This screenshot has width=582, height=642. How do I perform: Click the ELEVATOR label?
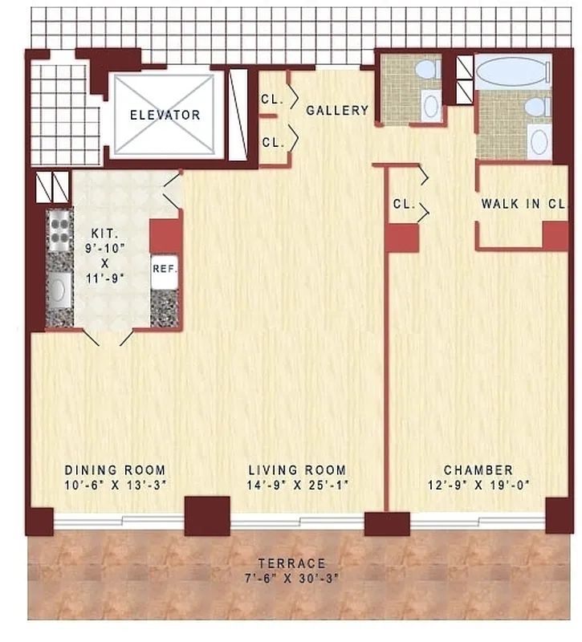(x=165, y=115)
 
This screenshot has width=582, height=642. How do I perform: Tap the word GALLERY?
(x=337, y=111)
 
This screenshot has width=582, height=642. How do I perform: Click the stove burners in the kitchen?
(x=59, y=227)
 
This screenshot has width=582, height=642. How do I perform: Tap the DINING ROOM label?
(x=115, y=470)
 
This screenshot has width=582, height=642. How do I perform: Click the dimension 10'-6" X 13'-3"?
(x=115, y=486)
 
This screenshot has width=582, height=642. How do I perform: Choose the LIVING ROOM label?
(x=297, y=470)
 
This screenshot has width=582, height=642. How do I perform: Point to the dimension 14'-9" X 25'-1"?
(x=297, y=486)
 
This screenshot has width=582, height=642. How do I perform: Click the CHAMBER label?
(x=479, y=470)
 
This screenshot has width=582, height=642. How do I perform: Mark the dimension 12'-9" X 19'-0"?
(x=479, y=486)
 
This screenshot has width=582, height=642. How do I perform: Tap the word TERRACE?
(x=292, y=563)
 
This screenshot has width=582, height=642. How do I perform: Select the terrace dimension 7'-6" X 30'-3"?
(x=292, y=579)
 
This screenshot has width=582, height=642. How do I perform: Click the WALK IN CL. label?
(x=523, y=204)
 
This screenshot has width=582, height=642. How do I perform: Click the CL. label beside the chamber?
(x=403, y=204)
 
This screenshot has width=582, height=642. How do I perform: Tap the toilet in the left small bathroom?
(x=427, y=70)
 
